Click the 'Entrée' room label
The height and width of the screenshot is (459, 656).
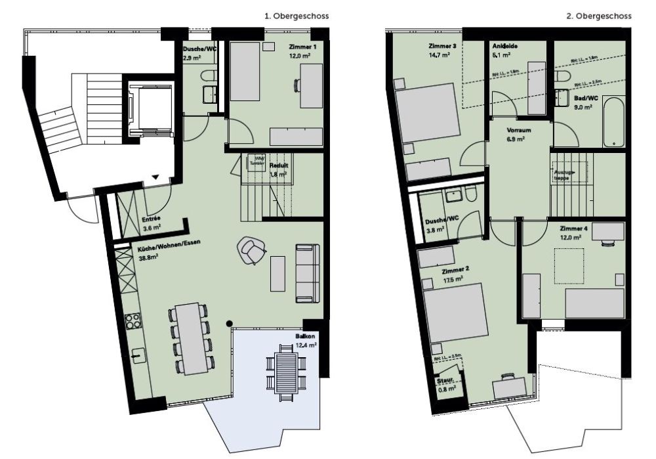(x=152, y=219)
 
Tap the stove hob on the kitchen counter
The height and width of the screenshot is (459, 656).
(x=133, y=320)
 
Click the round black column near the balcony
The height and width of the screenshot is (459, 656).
(x=229, y=323)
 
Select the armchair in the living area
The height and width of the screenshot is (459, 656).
(x=251, y=250)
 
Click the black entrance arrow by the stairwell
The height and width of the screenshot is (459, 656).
(x=156, y=177)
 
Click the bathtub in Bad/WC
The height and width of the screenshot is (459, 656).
(x=614, y=122)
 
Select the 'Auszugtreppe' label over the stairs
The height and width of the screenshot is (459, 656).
(x=565, y=173)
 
